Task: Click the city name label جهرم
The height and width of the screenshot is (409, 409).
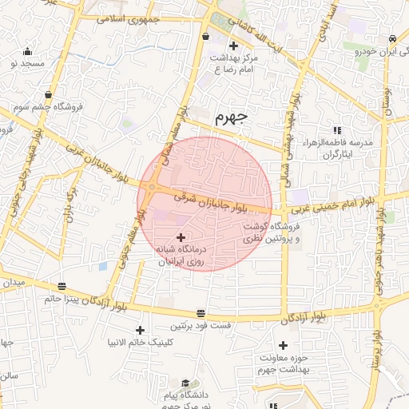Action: (x=232, y=117)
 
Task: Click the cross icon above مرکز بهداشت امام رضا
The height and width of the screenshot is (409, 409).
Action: (x=232, y=46)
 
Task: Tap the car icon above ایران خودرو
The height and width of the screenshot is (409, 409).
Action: (x=393, y=39)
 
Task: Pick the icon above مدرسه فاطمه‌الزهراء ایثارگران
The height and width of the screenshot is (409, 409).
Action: (x=336, y=129)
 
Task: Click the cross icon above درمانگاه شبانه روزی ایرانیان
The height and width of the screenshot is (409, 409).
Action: (x=181, y=236)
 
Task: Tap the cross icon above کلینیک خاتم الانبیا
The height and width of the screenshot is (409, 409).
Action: (x=141, y=330)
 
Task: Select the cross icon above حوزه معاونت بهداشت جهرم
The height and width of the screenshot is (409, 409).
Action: (x=282, y=344)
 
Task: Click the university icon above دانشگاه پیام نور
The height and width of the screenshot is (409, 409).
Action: (x=185, y=383)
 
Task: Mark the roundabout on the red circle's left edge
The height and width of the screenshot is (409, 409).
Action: (x=152, y=189)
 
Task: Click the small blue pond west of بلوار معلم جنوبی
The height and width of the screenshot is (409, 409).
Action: (x=102, y=266)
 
